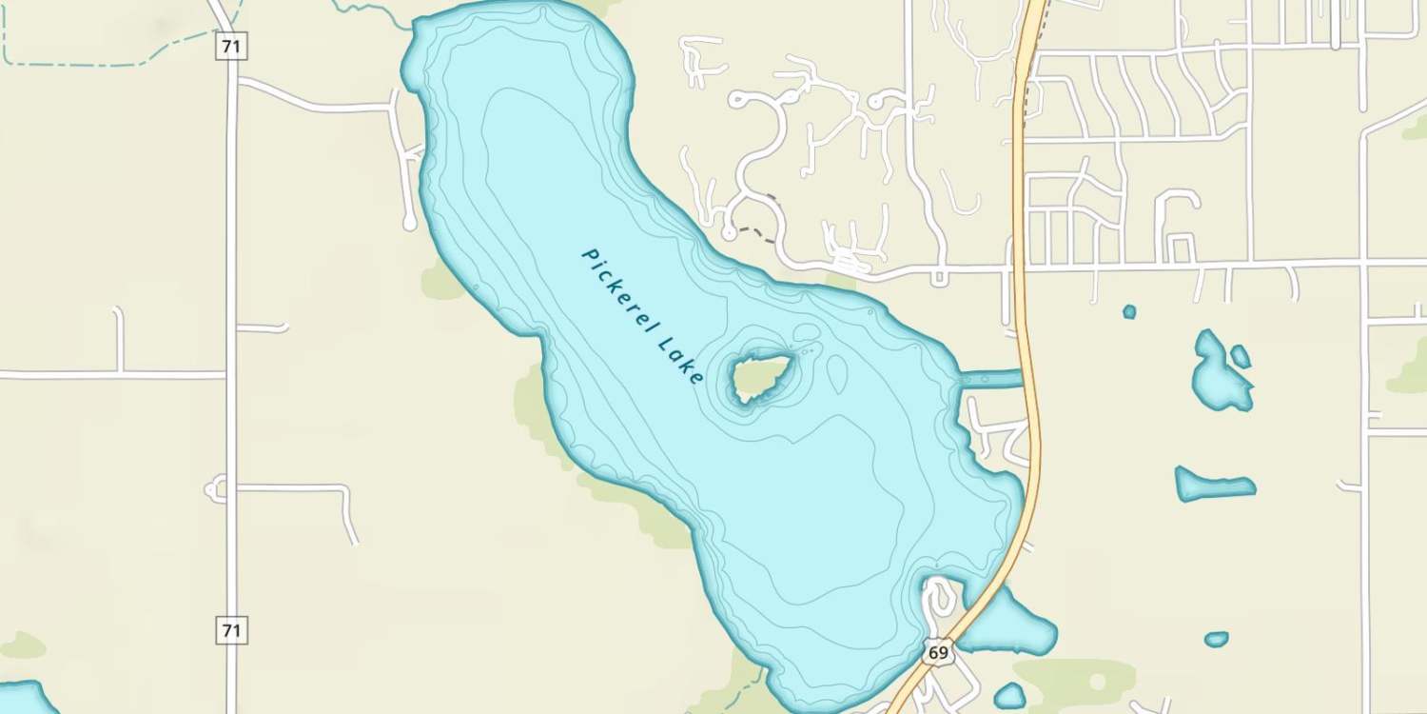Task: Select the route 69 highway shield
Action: (938, 652)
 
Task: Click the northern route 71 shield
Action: (230, 46)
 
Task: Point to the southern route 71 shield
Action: (231, 629)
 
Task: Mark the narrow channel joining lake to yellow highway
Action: (991, 379)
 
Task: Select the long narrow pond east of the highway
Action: (1213, 485)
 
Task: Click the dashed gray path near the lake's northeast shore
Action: (756, 231)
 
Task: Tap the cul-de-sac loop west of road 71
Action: (214, 490)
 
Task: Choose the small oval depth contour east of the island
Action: (836, 373)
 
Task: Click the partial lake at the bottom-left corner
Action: (24, 700)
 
